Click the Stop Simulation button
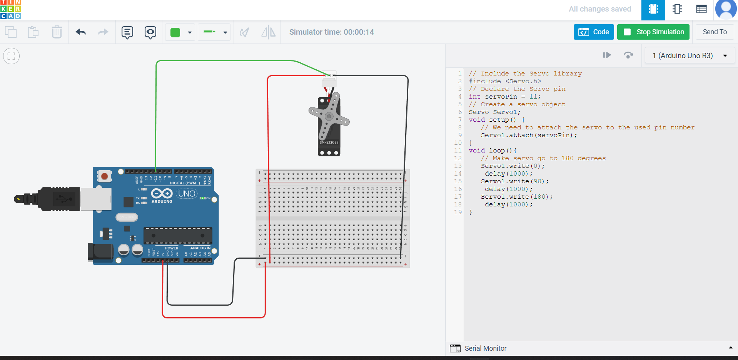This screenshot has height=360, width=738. pyautogui.click(x=653, y=32)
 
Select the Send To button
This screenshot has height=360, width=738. pyautogui.click(x=715, y=32)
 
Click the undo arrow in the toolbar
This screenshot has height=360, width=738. pyautogui.click(x=80, y=32)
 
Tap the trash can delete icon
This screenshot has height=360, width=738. pyautogui.click(x=57, y=32)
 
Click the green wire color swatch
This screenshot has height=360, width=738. pyautogui.click(x=175, y=32)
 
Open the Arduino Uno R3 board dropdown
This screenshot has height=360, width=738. pyautogui.click(x=689, y=55)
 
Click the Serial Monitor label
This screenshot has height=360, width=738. pyautogui.click(x=485, y=348)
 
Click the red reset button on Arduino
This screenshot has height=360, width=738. pyautogui.click(x=104, y=176)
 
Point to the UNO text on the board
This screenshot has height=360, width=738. pyautogui.click(x=187, y=194)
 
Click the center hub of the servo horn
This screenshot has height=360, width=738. pyautogui.click(x=329, y=116)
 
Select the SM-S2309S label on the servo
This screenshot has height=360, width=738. pyautogui.click(x=329, y=142)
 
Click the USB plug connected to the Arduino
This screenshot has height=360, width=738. pyautogui.click(x=58, y=199)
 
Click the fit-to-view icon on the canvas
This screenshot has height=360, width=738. pyautogui.click(x=12, y=56)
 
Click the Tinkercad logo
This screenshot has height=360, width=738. pyautogui.click(x=11, y=10)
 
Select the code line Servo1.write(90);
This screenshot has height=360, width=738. pyautogui.click(x=514, y=181)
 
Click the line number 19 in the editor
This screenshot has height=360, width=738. pyautogui.click(x=457, y=212)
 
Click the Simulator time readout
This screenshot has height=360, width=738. pyautogui.click(x=331, y=32)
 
